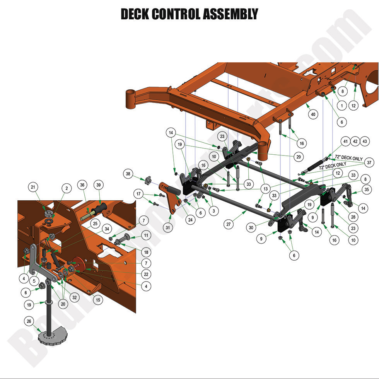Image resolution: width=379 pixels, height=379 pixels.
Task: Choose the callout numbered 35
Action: coord(367,189)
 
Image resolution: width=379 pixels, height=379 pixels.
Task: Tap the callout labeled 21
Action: coord(34,188)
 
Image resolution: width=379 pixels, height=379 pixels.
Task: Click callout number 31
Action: coord(167,228)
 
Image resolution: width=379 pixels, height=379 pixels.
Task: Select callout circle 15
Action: coord(98,299)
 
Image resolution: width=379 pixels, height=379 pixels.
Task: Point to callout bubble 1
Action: coord(341,105)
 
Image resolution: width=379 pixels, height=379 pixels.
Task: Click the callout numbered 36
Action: coord(82,185)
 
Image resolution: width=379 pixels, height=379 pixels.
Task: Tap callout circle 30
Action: coord(251,229)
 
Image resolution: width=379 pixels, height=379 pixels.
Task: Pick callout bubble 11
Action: coord(145,236)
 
